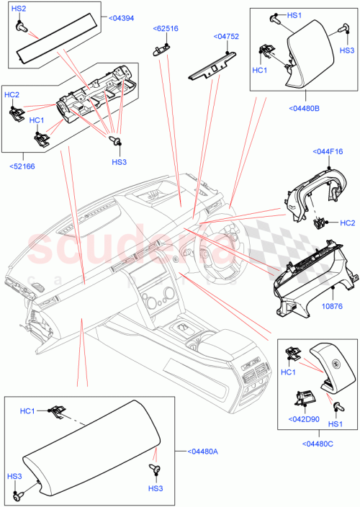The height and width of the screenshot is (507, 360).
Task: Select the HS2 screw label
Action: pos(19,8)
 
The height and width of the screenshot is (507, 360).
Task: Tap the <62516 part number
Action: pos(166,29)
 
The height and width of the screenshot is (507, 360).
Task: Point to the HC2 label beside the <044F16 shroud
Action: pos(347,223)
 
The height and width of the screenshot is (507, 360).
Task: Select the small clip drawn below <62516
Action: pos(160,48)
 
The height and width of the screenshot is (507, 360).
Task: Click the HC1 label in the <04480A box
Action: pos(28,411)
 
